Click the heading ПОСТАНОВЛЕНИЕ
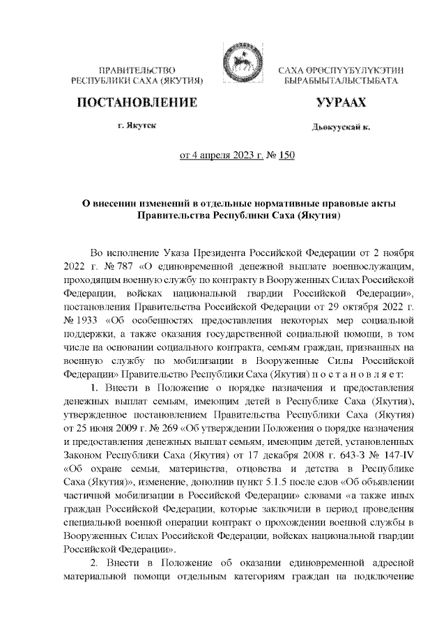pos(136,103)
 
